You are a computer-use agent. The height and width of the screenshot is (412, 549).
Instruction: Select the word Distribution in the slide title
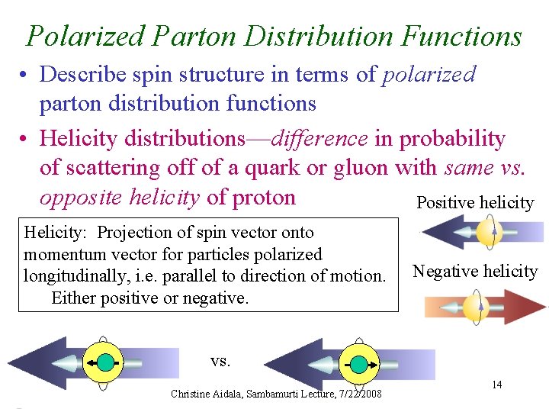point(314,36)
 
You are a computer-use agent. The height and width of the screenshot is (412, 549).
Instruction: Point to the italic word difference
point(320,138)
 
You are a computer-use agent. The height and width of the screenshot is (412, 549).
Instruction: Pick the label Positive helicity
point(475,202)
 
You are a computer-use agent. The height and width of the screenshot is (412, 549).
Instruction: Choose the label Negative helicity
point(475,271)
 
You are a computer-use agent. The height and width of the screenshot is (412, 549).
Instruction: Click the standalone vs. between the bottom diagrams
point(220,360)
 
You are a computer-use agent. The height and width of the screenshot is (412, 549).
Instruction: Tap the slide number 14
point(496,385)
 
